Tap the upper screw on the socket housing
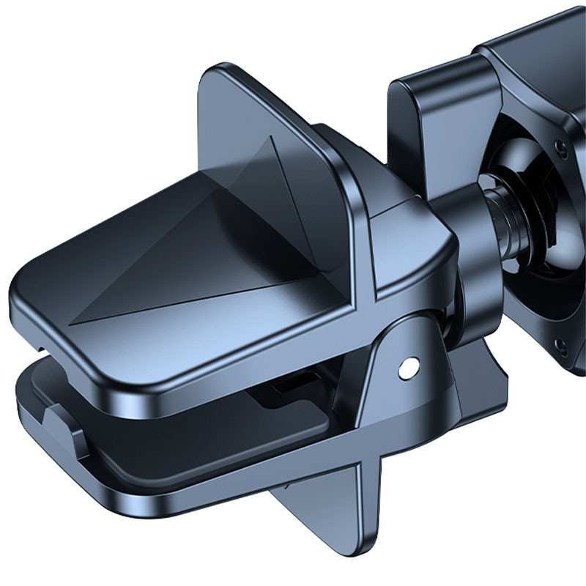pyautogui.click(x=560, y=148)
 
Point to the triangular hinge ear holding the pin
pyautogui.click(x=396, y=381)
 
